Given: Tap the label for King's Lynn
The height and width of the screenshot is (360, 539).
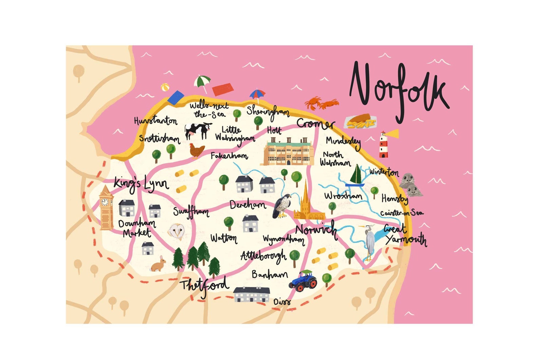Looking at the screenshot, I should [x=141, y=183].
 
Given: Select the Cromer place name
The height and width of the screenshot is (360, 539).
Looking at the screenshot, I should [x=315, y=124].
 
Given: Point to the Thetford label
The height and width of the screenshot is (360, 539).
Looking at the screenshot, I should [x=205, y=286].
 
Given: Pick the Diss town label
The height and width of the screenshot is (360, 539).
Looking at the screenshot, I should [x=282, y=302].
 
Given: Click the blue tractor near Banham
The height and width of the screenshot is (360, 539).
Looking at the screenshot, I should [x=303, y=281].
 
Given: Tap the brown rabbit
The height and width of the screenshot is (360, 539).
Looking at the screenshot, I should [x=159, y=264].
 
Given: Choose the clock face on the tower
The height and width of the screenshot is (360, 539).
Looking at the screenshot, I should [x=105, y=202].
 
